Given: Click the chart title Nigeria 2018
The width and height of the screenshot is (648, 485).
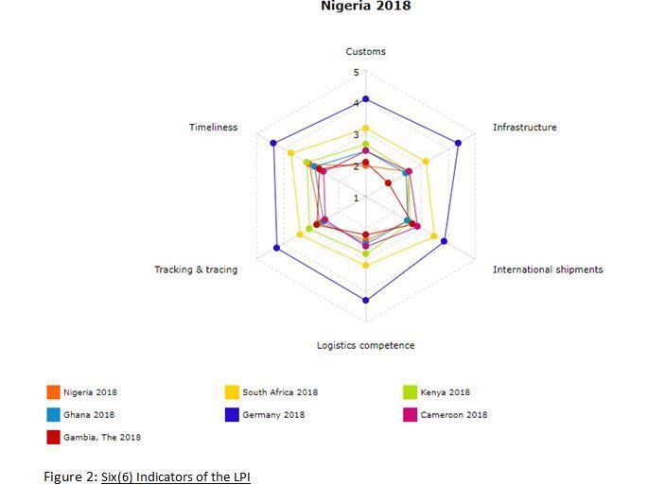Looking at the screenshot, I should click(365, 7).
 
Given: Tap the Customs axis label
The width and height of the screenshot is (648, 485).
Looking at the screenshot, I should click(365, 52).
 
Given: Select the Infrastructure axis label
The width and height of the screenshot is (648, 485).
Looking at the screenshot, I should click(524, 128).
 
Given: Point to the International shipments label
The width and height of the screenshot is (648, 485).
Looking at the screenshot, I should click(547, 269).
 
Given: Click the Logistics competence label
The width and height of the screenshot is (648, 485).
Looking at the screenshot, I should click(365, 346).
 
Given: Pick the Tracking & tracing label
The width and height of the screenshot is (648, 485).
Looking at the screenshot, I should click(196, 269).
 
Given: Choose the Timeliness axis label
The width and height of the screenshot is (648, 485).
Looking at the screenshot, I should click(213, 128).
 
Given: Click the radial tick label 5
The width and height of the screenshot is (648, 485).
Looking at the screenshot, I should click(357, 73).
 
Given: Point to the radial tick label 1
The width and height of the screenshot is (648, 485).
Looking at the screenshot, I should click(357, 199).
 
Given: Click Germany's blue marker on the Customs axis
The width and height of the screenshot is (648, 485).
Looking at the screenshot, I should click(365, 99).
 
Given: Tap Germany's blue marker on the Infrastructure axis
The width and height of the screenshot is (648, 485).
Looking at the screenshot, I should click(458, 144).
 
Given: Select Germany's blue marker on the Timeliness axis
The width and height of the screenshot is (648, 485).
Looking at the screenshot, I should click(272, 144).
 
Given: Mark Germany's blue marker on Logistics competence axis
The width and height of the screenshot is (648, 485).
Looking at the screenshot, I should click(365, 300).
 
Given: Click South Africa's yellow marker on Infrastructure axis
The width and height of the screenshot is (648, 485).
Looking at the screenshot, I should click(426, 162).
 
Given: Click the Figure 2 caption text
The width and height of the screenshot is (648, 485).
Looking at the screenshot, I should click(147, 476).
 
